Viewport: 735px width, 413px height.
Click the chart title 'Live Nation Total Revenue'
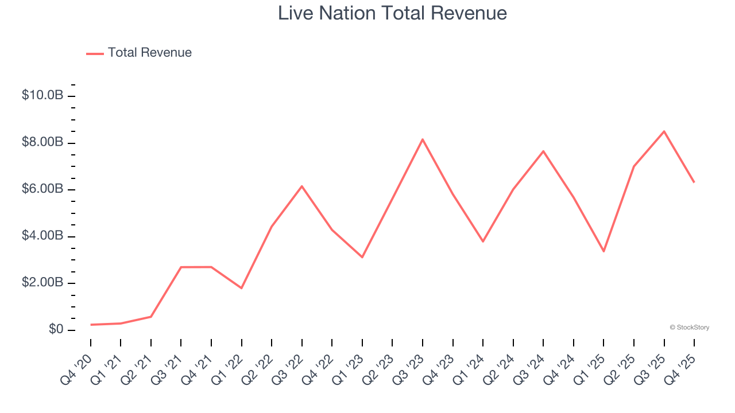pos(392,13)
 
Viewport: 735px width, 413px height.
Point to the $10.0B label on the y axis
pos(42,95)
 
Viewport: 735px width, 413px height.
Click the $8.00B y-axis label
pos(42,142)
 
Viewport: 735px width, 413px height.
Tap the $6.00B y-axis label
pos(42,189)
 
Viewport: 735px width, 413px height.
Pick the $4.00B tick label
pos(42,236)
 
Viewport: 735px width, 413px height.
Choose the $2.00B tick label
pos(42,283)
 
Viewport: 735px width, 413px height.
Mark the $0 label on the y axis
pos(55,330)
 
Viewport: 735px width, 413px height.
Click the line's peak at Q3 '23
pos(423,139)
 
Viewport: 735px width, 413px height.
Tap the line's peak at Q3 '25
pos(664,131)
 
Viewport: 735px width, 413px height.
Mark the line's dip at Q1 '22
pos(242,288)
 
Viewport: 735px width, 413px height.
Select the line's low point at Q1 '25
pos(604,251)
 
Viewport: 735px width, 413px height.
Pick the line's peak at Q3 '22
pos(302,186)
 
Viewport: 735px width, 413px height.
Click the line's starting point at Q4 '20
pos(91,325)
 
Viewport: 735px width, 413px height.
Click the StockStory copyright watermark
pos(689,328)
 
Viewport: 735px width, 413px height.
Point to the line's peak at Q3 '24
pos(543,151)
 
